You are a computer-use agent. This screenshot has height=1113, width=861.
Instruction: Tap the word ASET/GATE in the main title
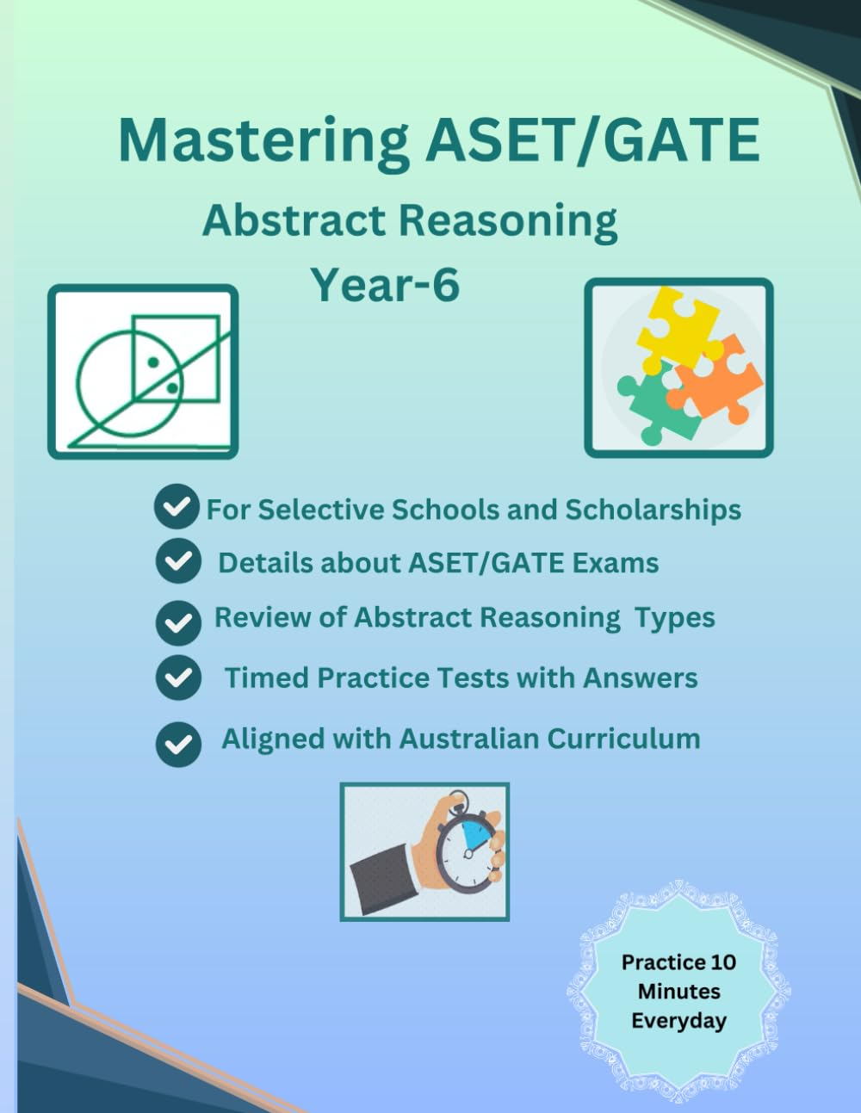coord(593,140)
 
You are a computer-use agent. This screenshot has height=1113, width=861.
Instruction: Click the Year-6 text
coord(385,284)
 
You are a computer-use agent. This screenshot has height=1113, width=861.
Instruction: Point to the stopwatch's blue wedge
coord(476,836)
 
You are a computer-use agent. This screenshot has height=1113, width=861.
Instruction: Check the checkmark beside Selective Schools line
coord(177,507)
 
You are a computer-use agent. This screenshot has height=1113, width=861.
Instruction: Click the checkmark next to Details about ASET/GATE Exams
coord(178,561)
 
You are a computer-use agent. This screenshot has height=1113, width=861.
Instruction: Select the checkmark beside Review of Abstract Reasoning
coord(178,621)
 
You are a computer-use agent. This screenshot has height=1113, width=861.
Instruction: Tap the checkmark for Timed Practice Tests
coord(178,677)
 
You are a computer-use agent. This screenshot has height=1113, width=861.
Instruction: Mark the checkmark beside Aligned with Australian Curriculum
coord(178,744)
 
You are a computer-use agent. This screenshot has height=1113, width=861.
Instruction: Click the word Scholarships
coord(653,510)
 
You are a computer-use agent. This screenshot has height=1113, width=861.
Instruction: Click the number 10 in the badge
coord(723,962)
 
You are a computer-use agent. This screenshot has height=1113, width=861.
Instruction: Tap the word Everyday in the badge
coord(678,1021)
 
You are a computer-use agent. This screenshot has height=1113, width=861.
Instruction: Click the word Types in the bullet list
coord(675,618)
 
